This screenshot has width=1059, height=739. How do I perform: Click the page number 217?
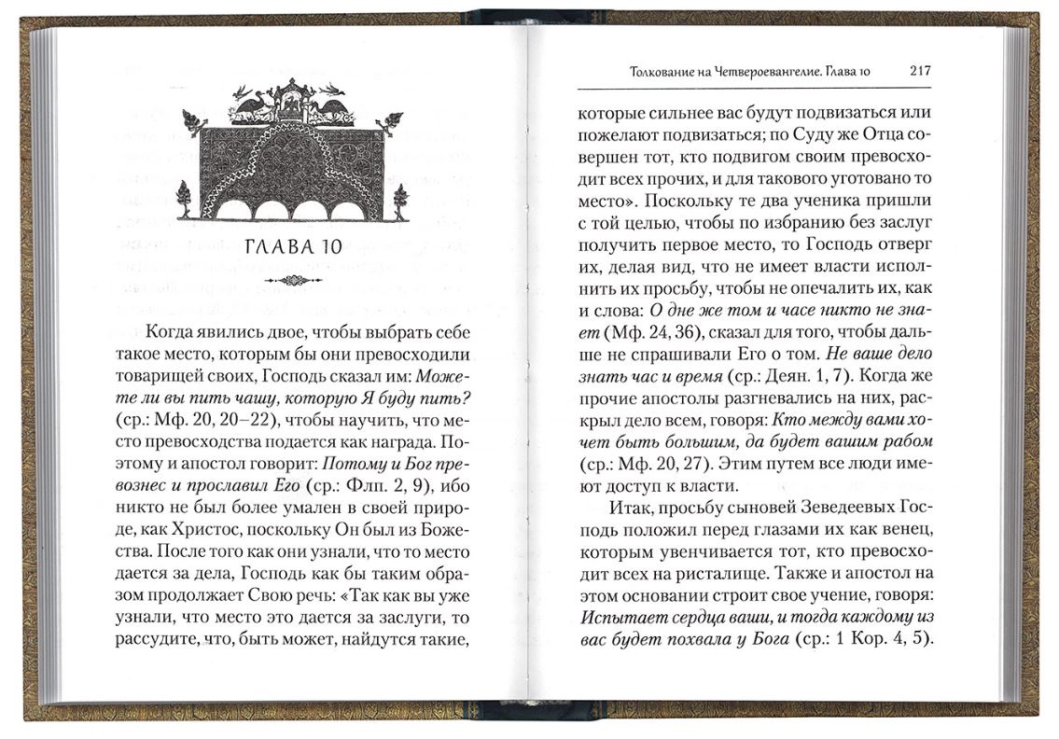coord(920,71)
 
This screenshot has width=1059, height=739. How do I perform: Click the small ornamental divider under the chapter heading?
coord(293,279)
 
